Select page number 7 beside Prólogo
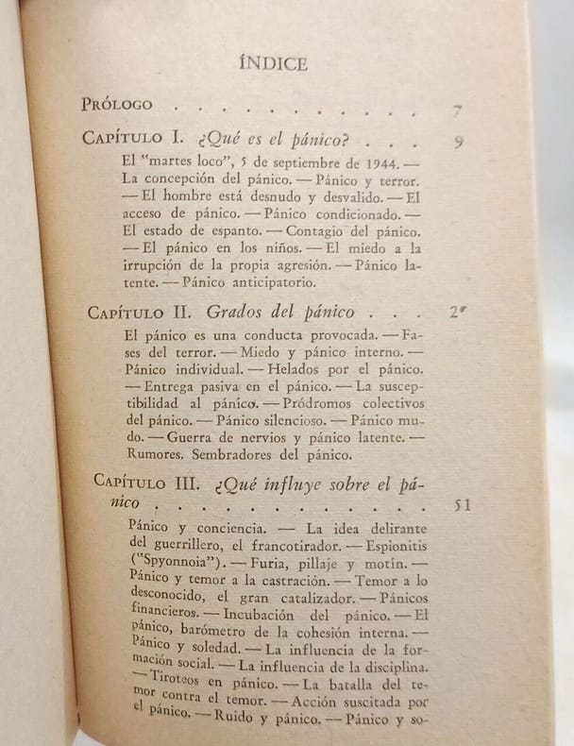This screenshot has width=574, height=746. (x=457, y=111)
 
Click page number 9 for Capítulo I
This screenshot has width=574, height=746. (x=458, y=144)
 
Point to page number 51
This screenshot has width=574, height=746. (x=462, y=505)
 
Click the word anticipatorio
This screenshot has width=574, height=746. (x=249, y=281)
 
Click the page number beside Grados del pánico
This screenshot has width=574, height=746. (x=457, y=314)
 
